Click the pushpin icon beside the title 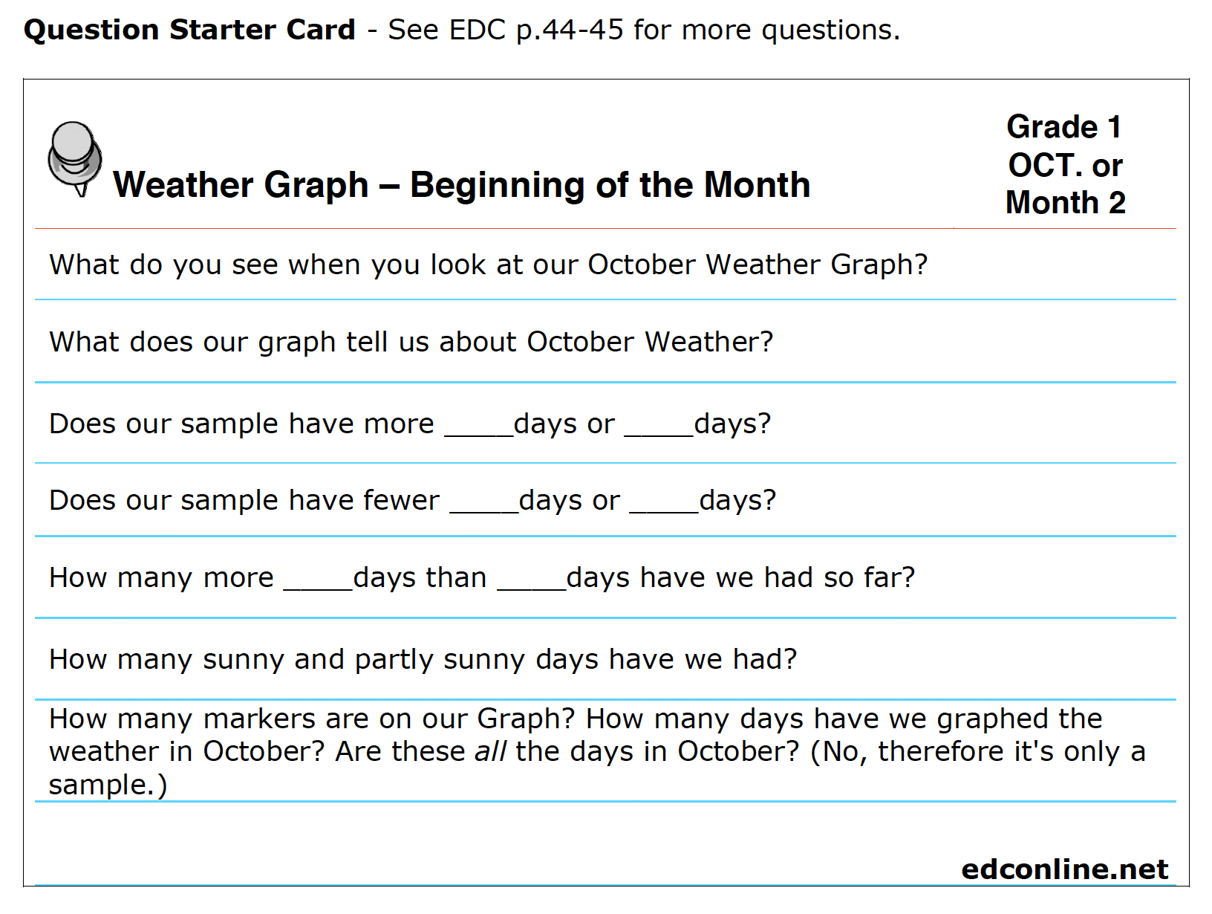coord(75,158)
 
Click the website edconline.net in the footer coord(1064,869)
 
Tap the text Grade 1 coord(1064,126)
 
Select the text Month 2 coord(1065,202)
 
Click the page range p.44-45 coord(570,30)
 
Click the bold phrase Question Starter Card coord(189,29)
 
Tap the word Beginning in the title coord(498,185)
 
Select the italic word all coord(490,751)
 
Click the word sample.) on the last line coord(108,785)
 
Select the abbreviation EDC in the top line coord(477,29)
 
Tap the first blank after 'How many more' coord(318,589)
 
